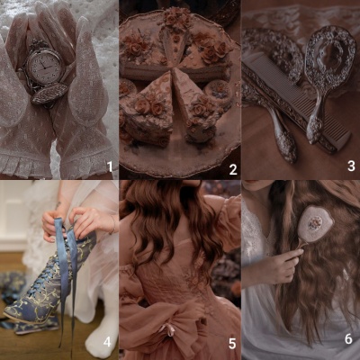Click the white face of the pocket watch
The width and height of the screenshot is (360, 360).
(x=45, y=67)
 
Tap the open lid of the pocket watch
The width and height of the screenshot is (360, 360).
(x=49, y=94)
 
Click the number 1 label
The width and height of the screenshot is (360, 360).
(x=110, y=166)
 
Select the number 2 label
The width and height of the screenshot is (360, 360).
(x=233, y=170)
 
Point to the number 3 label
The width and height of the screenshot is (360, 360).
(x=351, y=166)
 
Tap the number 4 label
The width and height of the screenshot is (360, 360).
(x=107, y=342)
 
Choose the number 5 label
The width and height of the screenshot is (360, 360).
(x=232, y=344)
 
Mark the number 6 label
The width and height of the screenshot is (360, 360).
(x=348, y=339)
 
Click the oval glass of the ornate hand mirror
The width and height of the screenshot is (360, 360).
(x=331, y=55)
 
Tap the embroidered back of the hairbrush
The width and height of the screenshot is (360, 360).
(x=314, y=223)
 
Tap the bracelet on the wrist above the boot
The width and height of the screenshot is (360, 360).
(x=113, y=225)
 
